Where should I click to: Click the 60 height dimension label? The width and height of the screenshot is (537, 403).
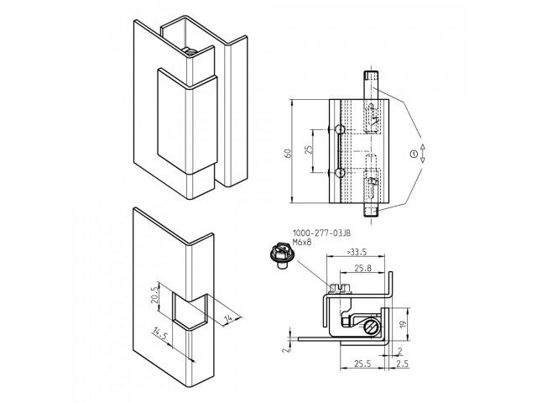point(288,154)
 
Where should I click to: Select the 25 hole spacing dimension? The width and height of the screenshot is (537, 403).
point(309,149)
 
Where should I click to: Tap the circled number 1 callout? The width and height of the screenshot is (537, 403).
point(414,154)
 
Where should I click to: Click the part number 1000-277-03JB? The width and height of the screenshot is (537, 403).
point(321,233)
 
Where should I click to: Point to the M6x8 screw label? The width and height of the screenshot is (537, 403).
point(302,243)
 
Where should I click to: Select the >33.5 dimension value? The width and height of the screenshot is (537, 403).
point(357,252)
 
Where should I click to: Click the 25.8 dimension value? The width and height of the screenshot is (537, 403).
point(362,268)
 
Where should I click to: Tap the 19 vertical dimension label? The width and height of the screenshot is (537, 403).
point(403,324)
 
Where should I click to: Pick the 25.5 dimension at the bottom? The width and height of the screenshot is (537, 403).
point(362,364)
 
